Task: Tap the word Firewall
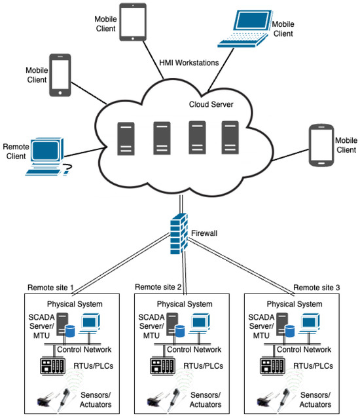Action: point(205,232)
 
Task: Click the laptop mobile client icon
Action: point(243,29)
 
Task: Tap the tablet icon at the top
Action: point(133,23)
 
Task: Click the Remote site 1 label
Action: point(50,288)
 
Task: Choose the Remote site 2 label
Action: point(158,288)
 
